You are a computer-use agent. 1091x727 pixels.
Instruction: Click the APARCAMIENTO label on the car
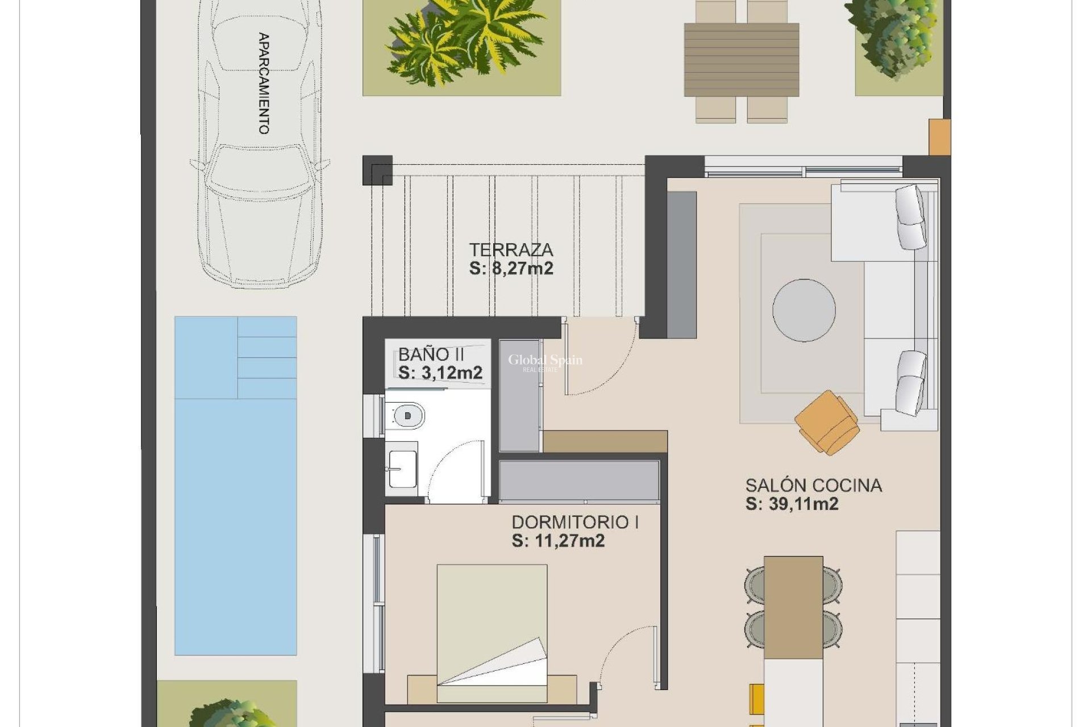264,83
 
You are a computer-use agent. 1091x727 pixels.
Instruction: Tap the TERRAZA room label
511,249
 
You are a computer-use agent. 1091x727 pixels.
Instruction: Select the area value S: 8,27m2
511,269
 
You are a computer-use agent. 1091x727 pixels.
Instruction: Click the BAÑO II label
431,354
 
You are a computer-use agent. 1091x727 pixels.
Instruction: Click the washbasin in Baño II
402,469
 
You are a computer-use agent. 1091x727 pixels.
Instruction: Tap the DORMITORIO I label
575,522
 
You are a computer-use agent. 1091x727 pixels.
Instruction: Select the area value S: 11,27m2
558,541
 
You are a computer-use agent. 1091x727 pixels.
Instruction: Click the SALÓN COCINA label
813,485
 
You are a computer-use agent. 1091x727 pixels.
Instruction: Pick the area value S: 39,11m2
792,504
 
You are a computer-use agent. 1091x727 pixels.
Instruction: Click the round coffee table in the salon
803,310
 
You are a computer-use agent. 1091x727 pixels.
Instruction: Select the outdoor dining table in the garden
742,60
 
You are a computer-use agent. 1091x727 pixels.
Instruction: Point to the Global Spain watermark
544,361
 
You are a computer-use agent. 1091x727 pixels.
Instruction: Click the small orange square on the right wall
939,137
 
